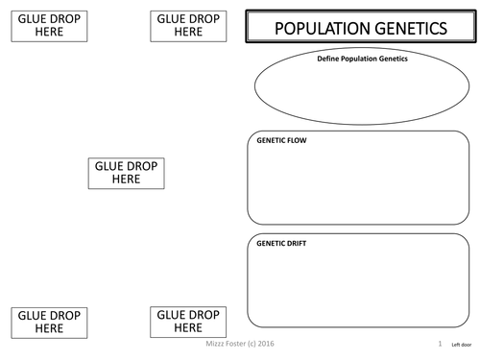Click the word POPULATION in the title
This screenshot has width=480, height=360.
[x=321, y=30]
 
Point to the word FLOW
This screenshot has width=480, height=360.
[x=296, y=140]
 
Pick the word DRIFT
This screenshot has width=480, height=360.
[x=298, y=244]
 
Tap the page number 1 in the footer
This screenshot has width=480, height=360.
[x=439, y=343]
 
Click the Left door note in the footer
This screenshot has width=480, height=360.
[x=459, y=344]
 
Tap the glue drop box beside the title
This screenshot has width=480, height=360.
[x=188, y=26]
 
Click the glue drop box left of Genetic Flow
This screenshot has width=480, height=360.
[x=126, y=173]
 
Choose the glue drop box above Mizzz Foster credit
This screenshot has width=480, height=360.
[x=188, y=321]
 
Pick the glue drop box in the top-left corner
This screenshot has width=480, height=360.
[x=48, y=26]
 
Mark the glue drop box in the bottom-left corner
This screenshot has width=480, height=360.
[x=48, y=321]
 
